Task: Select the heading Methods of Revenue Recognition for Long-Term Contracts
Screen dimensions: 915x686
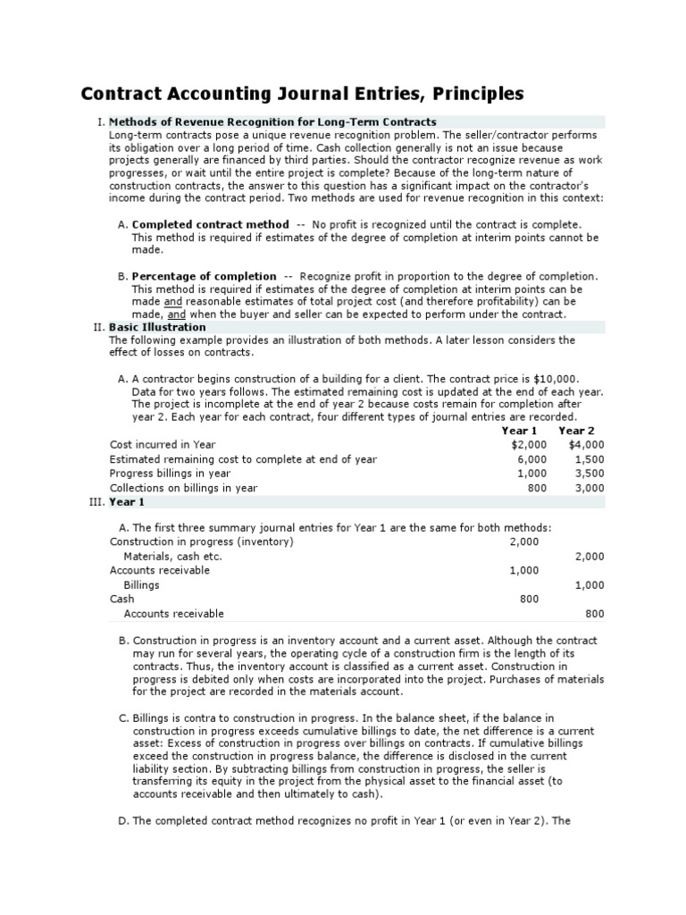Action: [272, 122]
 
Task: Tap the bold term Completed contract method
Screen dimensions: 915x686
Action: [210, 224]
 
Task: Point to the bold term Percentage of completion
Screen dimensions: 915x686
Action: [204, 276]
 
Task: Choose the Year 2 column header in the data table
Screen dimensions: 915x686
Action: [576, 431]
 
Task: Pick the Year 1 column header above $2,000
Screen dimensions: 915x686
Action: [520, 431]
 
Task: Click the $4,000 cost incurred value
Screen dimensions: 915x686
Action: [587, 444]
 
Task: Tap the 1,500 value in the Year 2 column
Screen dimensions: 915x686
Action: [590, 459]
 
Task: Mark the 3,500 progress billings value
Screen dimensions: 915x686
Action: [590, 474]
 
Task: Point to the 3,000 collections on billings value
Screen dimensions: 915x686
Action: [590, 488]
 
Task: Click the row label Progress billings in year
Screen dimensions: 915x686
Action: [170, 474]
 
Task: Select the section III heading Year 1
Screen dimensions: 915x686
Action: [127, 502]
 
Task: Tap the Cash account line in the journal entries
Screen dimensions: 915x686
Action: [121, 600]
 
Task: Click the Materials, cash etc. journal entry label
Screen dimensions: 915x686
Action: [172, 556]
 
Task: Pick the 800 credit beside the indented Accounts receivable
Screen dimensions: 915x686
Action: [594, 614]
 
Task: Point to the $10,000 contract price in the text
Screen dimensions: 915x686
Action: [555, 379]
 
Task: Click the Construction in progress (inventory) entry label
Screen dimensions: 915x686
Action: [201, 541]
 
